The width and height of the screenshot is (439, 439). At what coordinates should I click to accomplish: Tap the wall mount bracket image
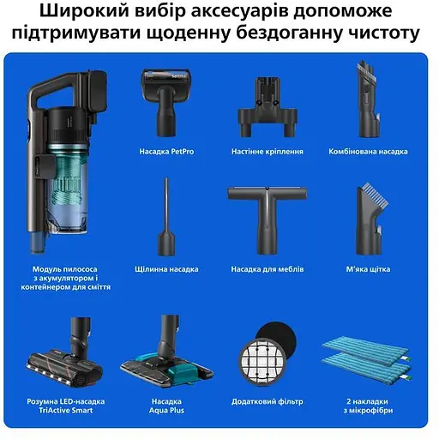tap(267, 106)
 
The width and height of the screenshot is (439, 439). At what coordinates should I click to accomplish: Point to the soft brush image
tap(369, 219)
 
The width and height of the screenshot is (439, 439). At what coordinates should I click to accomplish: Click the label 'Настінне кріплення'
tap(267, 152)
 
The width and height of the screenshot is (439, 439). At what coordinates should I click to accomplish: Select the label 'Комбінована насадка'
tap(368, 152)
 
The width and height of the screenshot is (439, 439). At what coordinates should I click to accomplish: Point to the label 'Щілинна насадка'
tap(166, 269)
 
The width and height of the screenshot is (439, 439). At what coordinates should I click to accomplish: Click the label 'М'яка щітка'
tap(368, 269)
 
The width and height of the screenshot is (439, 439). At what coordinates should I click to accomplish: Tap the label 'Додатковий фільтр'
tap(266, 401)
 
